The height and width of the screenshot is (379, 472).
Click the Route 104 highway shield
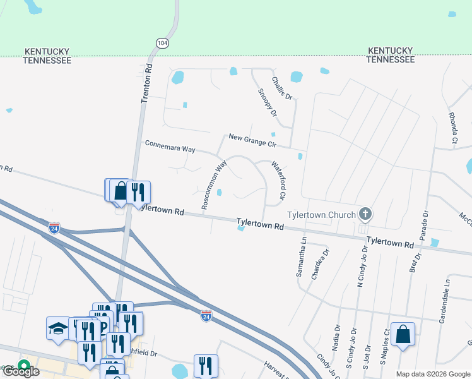163,43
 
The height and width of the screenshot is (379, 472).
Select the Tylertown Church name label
321,215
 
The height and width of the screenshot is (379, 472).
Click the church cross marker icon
365,214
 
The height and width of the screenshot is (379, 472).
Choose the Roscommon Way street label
213,184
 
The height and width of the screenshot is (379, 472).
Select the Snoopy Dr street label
267,103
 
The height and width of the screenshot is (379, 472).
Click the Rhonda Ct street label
452,128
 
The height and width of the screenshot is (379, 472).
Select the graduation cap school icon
58,328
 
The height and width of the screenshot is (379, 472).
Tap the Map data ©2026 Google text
433,374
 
